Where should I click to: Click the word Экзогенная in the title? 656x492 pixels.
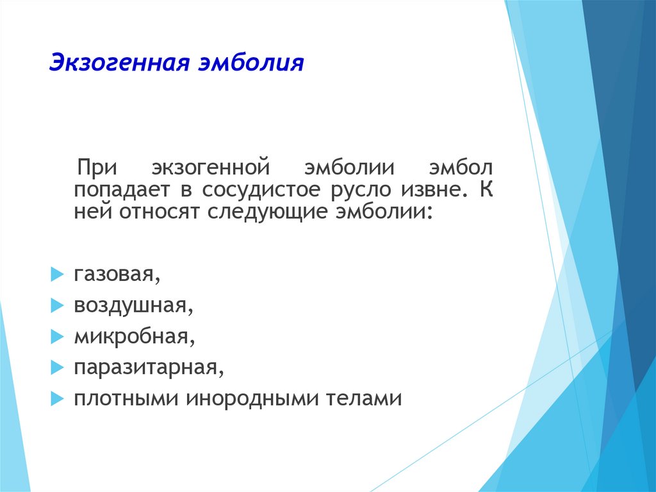point(120,62)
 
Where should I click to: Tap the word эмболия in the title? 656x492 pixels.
point(251,62)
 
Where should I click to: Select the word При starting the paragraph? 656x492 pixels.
point(97,167)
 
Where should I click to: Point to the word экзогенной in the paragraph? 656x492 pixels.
point(211,167)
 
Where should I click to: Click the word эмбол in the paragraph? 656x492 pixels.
point(461,167)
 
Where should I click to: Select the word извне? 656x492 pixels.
point(434,189)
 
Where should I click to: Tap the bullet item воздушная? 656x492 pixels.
point(133,305)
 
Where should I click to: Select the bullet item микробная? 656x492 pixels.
point(135,336)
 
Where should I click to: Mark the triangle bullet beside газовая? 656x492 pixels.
point(57,275)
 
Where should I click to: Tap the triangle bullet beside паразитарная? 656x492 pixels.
point(57,368)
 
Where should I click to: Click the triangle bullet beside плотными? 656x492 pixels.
point(57,398)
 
